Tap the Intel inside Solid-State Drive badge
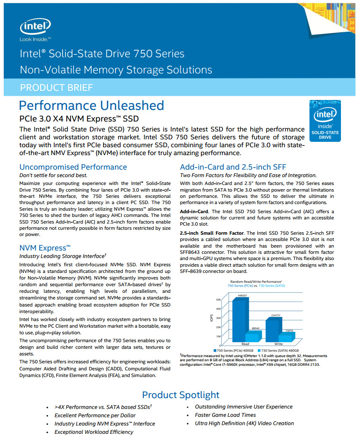325,121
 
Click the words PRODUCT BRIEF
56,88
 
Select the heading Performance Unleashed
91,106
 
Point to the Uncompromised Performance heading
73,167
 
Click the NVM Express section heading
45,248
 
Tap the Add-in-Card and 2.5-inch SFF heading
233,167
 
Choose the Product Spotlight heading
181,395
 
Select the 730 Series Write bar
287,337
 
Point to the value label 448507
242,295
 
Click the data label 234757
275,315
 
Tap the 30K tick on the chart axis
218,318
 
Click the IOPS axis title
211,318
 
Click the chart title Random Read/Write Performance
256,282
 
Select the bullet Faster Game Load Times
225,415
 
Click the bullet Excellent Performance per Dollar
95,416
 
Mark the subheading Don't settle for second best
53,175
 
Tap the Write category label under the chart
278,344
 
